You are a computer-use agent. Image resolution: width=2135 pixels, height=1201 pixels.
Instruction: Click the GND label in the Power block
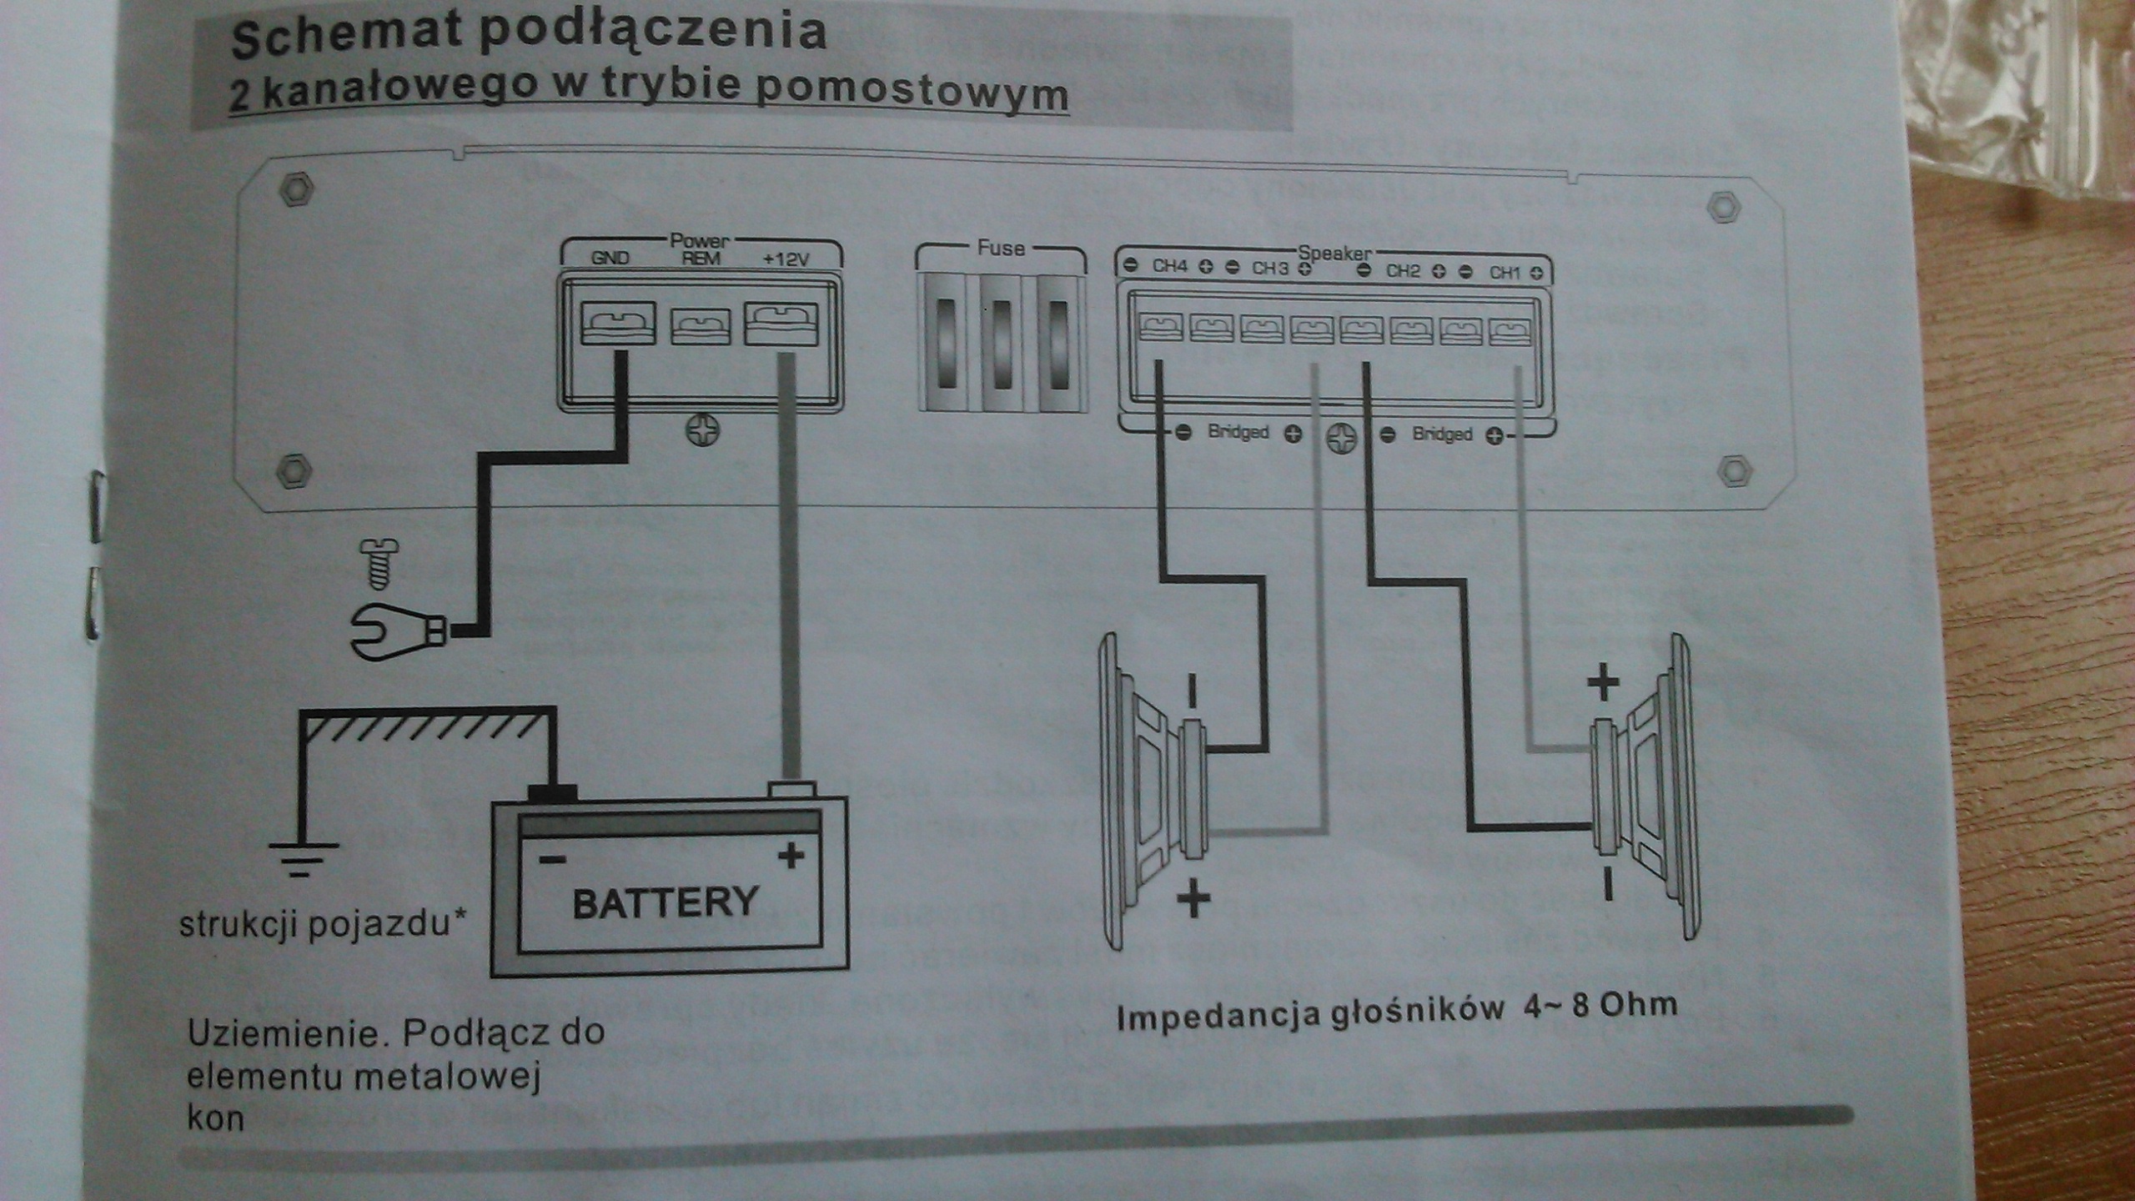pyautogui.click(x=610, y=259)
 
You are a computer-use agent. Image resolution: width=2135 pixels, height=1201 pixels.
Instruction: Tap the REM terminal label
pyautogui.click(x=701, y=259)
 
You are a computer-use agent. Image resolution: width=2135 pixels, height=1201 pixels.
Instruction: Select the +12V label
pyautogui.click(x=786, y=259)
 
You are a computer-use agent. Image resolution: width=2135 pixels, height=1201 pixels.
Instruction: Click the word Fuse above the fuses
pyautogui.click(x=1000, y=248)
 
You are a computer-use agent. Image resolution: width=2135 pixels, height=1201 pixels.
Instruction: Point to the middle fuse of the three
pyautogui.click(x=1000, y=344)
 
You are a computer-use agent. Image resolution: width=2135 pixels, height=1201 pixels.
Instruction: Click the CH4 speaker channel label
pyautogui.click(x=1169, y=266)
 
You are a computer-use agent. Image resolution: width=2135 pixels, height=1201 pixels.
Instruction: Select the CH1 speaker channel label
pyautogui.click(x=1505, y=272)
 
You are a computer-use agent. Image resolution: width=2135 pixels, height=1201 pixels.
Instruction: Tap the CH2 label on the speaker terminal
pyautogui.click(x=1403, y=271)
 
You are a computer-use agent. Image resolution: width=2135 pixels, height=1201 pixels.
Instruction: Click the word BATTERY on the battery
pyautogui.click(x=665, y=903)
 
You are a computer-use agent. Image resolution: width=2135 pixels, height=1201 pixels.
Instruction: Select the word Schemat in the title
pyautogui.click(x=345, y=35)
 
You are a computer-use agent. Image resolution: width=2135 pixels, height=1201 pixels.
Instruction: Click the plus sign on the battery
pyautogui.click(x=791, y=856)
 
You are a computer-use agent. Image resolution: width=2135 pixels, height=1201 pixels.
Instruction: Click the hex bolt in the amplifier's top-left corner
pyautogui.click(x=295, y=189)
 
